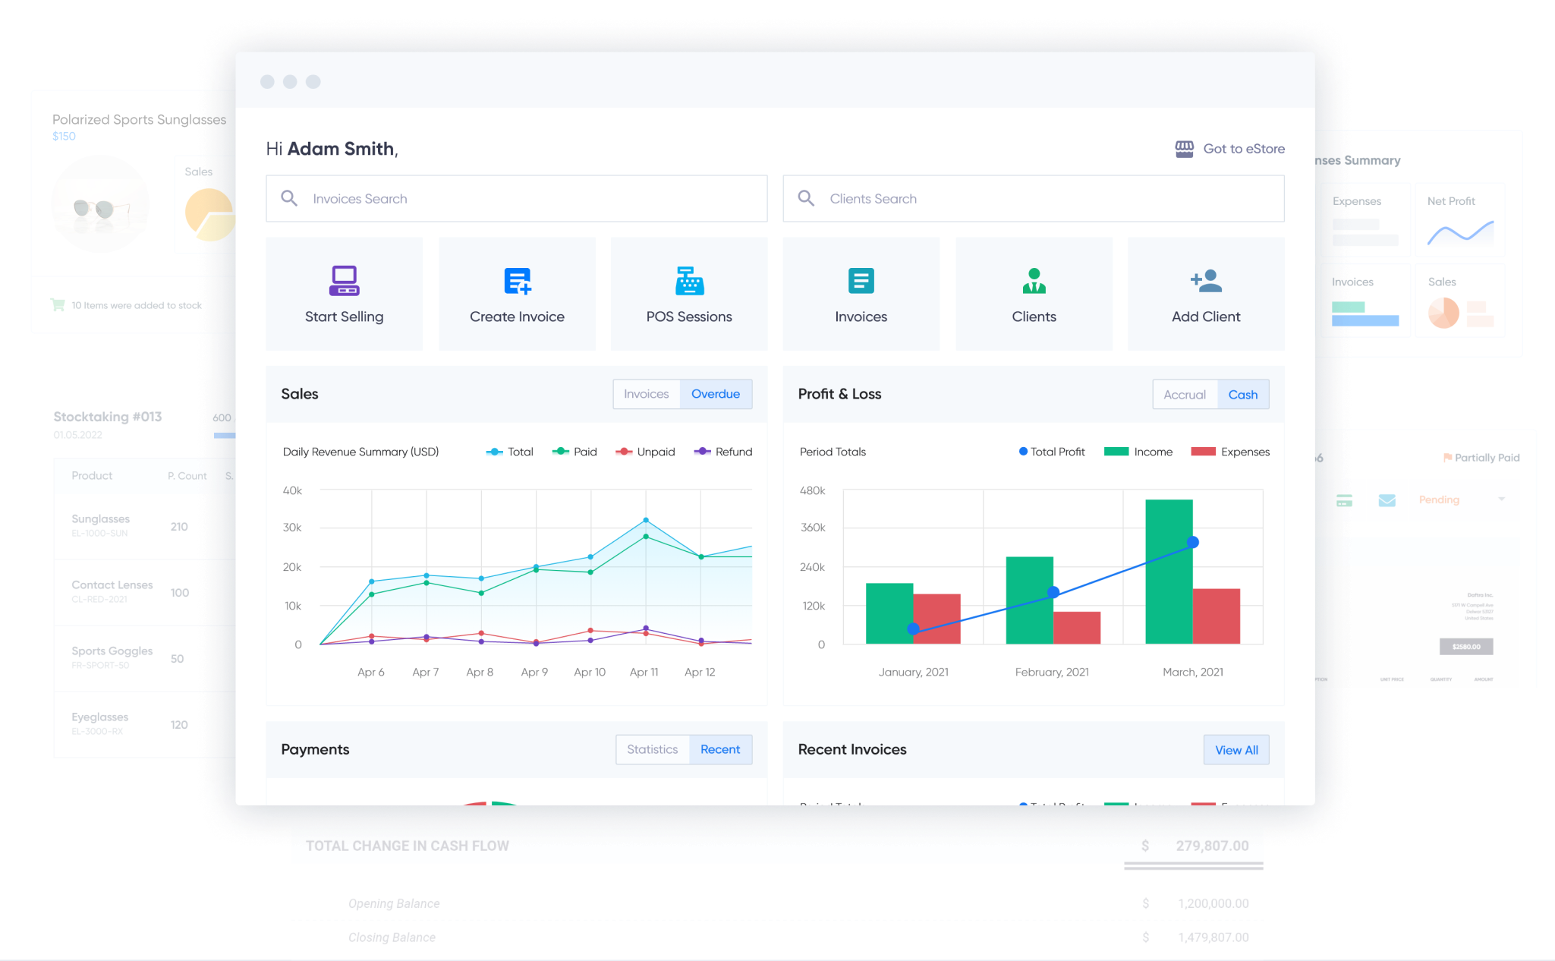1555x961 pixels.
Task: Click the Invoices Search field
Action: (516, 199)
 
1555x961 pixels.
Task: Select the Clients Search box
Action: (1033, 199)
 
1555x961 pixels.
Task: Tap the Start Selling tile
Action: (344, 294)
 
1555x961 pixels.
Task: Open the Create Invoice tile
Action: (517, 294)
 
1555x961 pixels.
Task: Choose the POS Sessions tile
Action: (689, 294)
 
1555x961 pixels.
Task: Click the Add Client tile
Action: (1206, 294)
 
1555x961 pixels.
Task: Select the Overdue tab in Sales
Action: (715, 394)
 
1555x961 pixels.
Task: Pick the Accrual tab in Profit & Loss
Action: (1184, 395)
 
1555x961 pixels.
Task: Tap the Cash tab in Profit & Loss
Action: (1242, 395)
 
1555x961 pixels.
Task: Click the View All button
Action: (1236, 750)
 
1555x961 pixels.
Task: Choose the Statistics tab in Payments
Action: (652, 749)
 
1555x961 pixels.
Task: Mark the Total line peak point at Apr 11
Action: (646, 520)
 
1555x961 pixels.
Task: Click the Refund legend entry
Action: (723, 452)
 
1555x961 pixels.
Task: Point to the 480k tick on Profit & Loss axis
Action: (812, 490)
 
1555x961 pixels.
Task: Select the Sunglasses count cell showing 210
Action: (179, 527)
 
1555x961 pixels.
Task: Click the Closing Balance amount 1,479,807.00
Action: (1213, 937)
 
